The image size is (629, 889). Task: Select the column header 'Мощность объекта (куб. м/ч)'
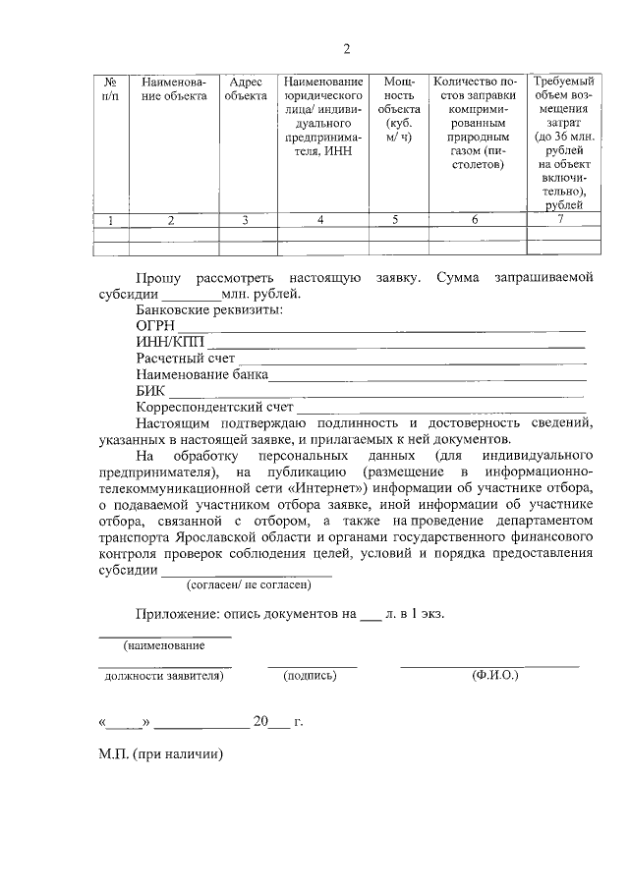click(398, 109)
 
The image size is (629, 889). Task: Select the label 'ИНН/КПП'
click(164, 343)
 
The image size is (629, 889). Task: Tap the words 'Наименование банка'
click(201, 374)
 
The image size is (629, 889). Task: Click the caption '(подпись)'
click(310, 676)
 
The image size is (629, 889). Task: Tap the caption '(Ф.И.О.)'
click(495, 676)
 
